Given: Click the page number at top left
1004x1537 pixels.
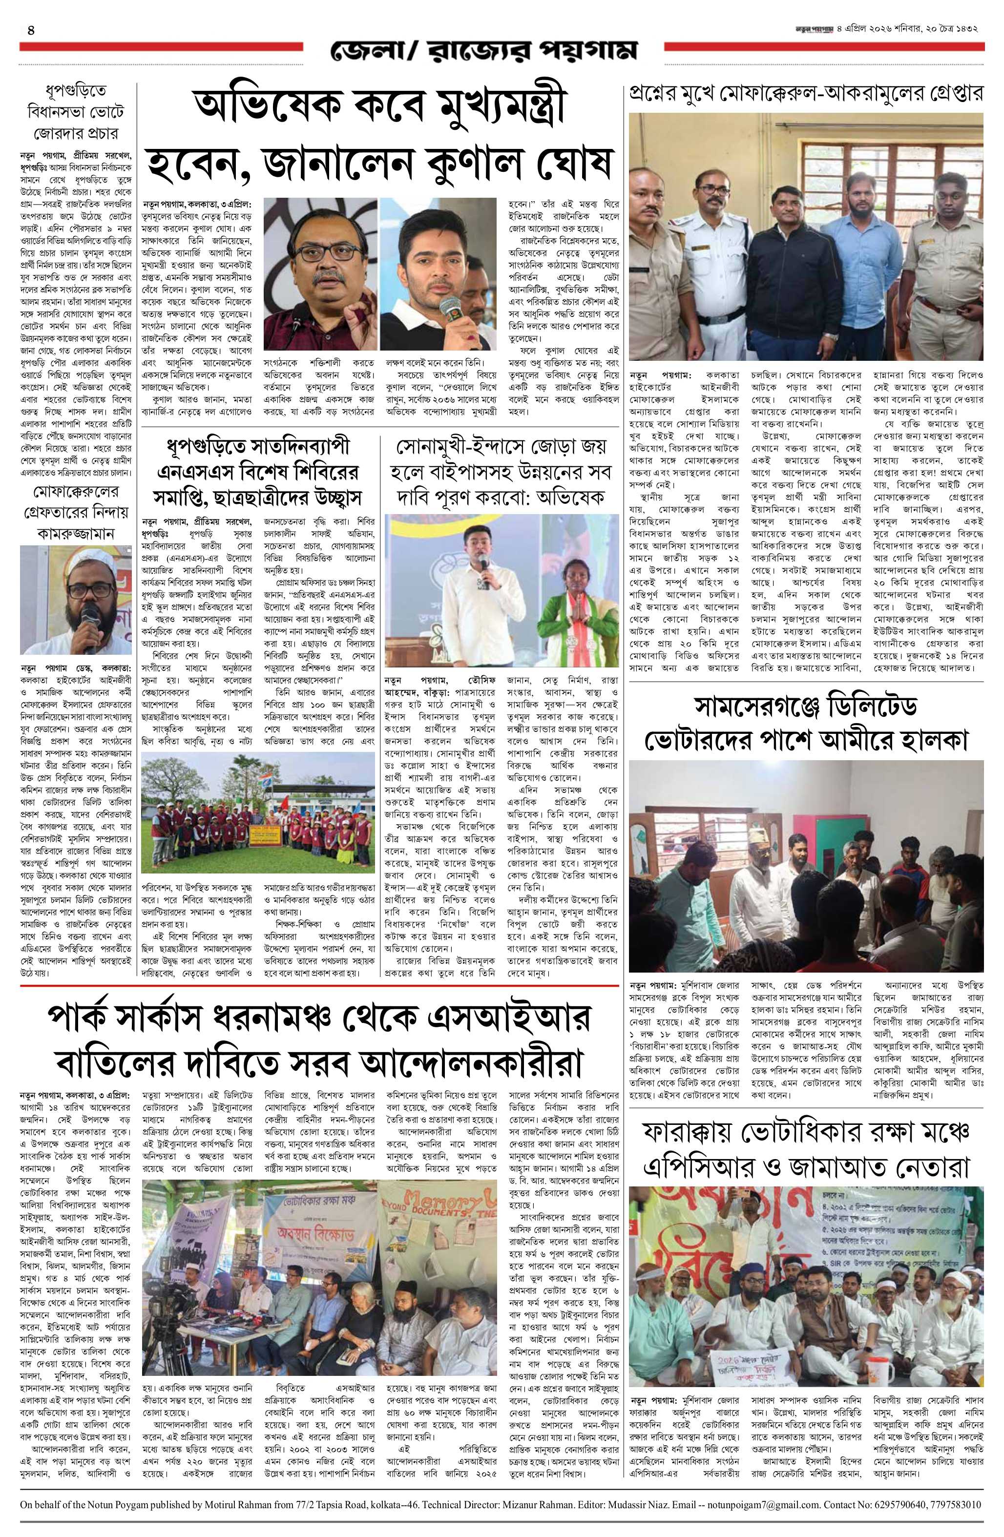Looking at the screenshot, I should point(30,30).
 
